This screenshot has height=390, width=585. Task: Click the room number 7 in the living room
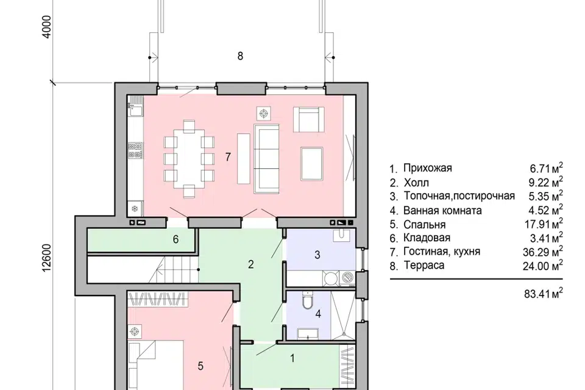click(x=228, y=157)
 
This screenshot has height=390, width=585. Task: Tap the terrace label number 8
click(x=240, y=56)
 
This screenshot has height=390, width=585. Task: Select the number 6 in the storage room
click(x=175, y=239)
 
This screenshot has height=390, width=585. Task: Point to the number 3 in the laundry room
click(x=317, y=255)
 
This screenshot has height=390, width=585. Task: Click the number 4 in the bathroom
click(x=318, y=314)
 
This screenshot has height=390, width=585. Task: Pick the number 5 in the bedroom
click(x=200, y=366)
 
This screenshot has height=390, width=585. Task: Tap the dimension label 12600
click(x=46, y=258)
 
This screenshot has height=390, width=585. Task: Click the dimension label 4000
click(x=47, y=26)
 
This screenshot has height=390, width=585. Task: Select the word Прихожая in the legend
click(x=428, y=168)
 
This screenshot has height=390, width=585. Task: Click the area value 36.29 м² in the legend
click(x=543, y=252)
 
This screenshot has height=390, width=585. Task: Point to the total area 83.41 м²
click(x=544, y=294)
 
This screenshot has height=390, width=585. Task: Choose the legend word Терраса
click(x=424, y=265)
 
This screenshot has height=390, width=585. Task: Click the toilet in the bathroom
click(x=308, y=300)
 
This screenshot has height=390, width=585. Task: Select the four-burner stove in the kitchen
click(x=135, y=150)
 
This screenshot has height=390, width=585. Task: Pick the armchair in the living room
click(x=308, y=119)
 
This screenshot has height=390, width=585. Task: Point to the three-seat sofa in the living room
click(x=266, y=158)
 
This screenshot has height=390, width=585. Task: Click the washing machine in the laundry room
click(x=348, y=278)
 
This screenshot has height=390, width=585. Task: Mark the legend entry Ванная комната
click(x=442, y=210)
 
